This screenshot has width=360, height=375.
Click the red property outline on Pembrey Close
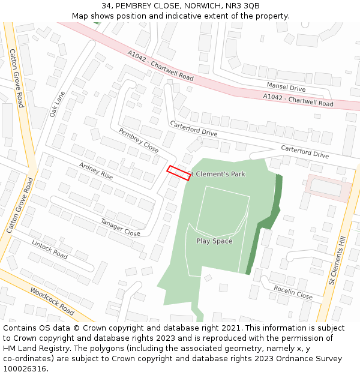coord(178,172)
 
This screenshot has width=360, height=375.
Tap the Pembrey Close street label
coord(139,140)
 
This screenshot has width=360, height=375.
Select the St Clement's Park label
coord(216,174)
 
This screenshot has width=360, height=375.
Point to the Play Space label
coord(214,241)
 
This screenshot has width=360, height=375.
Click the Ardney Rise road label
coord(96,170)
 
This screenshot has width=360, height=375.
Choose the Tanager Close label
coord(120,227)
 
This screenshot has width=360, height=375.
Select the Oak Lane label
coord(57,103)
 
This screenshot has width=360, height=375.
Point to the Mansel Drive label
coord(286,88)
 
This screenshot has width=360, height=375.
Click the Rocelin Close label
coord(293,292)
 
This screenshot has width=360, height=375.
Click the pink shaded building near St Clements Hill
coord(328,188)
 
